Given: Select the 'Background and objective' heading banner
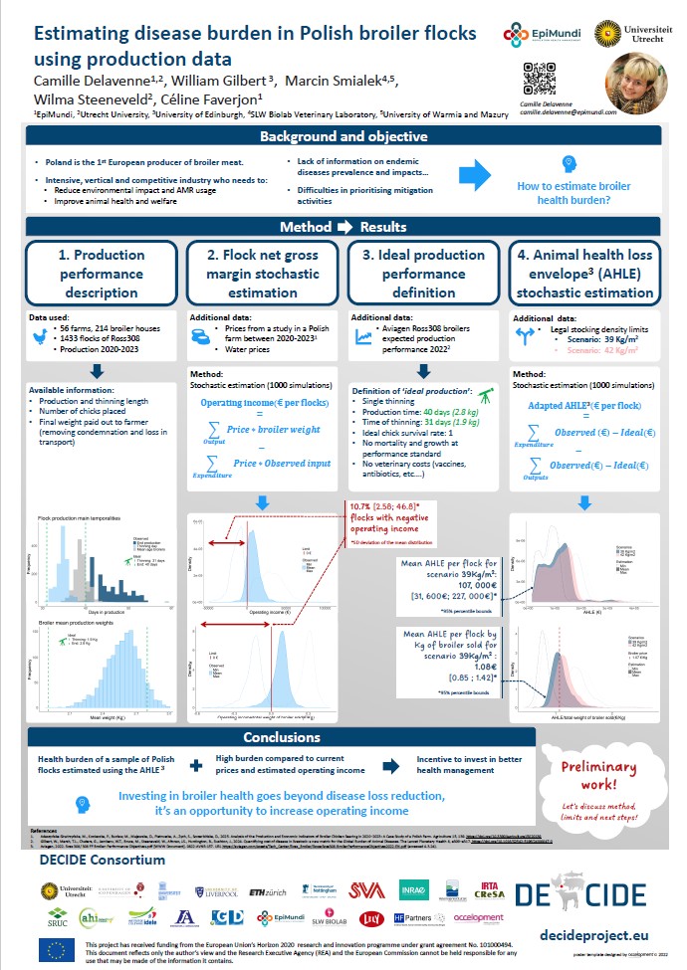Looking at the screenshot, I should click(x=343, y=137).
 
